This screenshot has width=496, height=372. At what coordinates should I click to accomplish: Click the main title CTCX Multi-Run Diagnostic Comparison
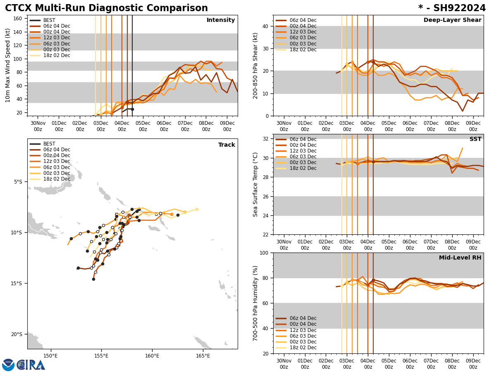tap(106, 8)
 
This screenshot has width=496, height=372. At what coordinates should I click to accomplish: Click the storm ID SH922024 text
tap(458, 8)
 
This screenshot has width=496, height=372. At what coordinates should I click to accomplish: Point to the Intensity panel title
tap(221, 20)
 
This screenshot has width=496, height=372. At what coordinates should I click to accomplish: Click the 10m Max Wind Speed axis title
tap(8, 65)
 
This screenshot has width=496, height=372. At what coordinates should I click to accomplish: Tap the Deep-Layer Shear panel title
tap(452, 20)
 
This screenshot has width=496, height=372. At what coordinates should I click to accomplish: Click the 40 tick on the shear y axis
tap(265, 26)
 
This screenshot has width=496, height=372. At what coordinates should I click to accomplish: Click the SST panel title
tap(475, 139)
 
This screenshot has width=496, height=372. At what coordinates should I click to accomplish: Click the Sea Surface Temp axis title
tap(256, 184)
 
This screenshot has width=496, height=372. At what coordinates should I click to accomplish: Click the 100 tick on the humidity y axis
tap(263, 253)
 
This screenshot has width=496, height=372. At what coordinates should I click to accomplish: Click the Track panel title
tap(227, 145)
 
